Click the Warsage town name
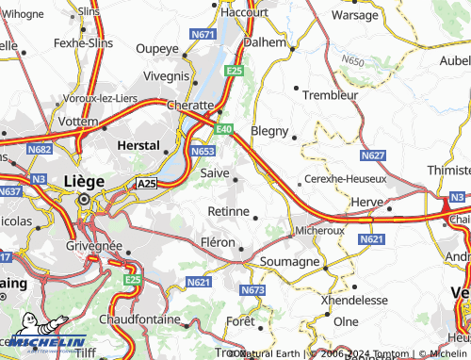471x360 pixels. coord(355,15)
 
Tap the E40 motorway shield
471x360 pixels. coord(223,129)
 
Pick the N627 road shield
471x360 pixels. coord(373,155)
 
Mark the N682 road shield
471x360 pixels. coord(40,149)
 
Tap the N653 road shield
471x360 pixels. coord(202,151)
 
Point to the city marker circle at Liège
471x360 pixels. coord(85,200)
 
